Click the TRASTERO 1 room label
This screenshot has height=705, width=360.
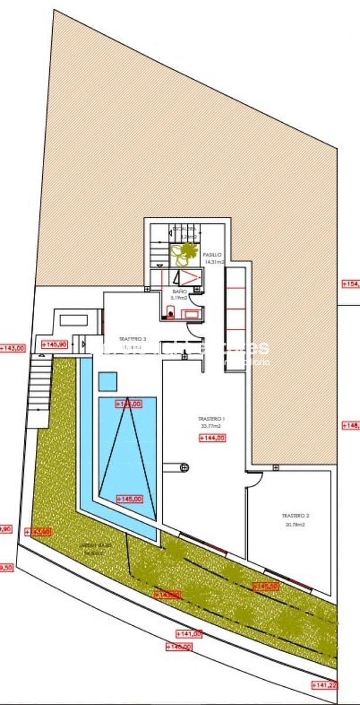click(x=211, y=419)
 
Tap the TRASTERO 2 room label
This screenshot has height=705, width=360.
click(x=295, y=516)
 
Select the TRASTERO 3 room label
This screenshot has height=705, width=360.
click(x=132, y=340)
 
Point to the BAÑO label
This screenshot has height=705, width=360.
click(x=179, y=291)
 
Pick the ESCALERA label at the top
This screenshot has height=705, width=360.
click(x=183, y=230)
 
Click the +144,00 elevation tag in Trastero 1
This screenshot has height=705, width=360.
click(x=213, y=438)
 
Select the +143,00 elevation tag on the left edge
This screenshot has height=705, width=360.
click(x=13, y=348)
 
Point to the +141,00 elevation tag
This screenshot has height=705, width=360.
click(x=189, y=633)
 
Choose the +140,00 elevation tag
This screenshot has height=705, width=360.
click(x=179, y=647)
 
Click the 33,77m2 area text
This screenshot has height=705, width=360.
click(x=211, y=426)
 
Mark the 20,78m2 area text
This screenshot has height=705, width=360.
click(x=295, y=524)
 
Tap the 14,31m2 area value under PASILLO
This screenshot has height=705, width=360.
click(x=214, y=262)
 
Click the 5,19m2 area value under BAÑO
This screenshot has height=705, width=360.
click(x=179, y=298)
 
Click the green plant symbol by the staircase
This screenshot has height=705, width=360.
click(x=184, y=253)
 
